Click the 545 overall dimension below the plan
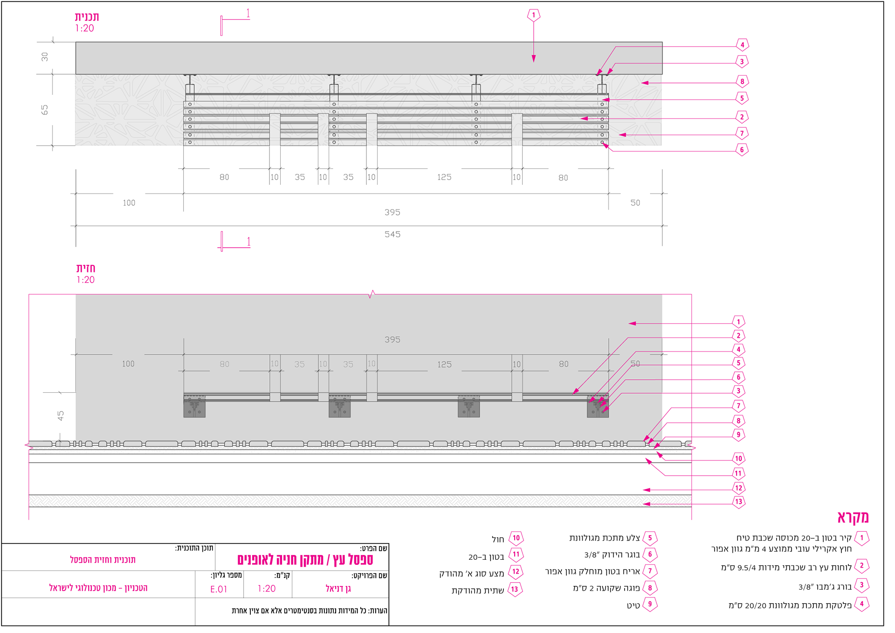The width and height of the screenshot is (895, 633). [392, 234]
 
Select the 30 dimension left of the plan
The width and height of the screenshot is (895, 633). [44, 57]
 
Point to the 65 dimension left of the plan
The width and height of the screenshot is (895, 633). [44, 110]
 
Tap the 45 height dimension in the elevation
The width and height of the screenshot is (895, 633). [61, 416]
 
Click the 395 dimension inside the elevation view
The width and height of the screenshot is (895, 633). [392, 340]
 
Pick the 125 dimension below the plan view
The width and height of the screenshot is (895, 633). [444, 177]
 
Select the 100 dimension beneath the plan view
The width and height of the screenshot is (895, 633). [129, 203]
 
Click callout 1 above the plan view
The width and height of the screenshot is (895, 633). [534, 15]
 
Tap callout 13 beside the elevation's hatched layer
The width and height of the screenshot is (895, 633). [738, 502]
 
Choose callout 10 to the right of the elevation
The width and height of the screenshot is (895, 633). [738, 459]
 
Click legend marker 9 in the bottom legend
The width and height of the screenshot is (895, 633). [650, 604]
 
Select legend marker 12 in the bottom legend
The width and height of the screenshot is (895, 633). [516, 572]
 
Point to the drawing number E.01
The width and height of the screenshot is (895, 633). [219, 589]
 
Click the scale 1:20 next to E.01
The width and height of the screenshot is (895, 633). [267, 589]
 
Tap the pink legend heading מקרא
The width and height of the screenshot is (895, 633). [853, 517]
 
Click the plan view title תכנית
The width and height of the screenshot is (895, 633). [87, 17]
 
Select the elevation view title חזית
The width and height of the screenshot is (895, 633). [86, 268]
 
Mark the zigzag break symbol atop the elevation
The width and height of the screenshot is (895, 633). [372, 294]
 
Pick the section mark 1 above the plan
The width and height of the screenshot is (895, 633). [248, 14]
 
